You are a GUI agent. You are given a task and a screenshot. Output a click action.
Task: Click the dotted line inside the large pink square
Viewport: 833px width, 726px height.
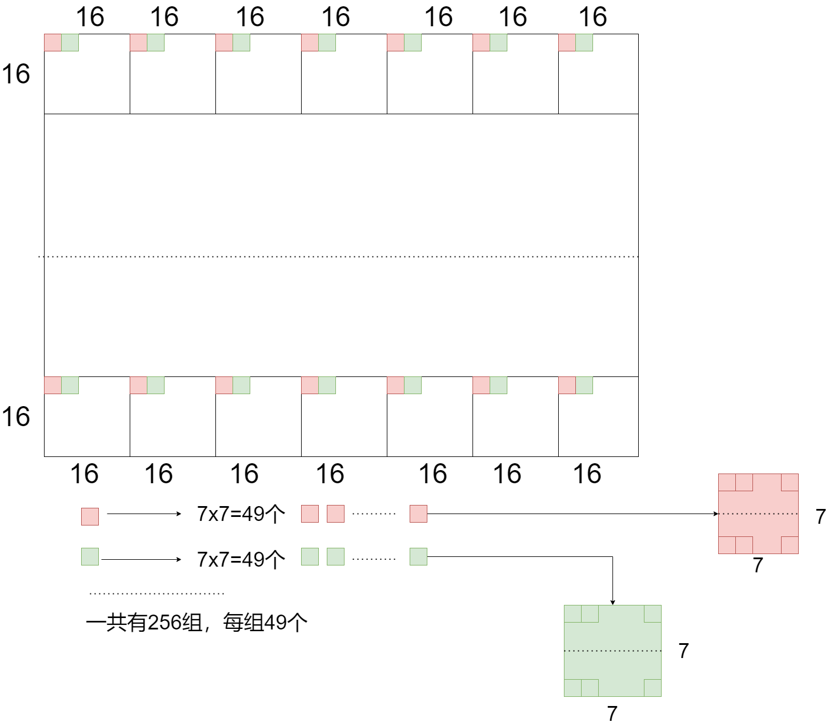758,514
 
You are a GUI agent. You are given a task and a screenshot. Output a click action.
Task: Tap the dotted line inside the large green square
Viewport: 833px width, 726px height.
612,651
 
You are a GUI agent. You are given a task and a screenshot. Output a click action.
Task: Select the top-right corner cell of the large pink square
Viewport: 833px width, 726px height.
790,482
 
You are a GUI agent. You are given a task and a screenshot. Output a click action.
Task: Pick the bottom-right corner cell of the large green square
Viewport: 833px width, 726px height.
652,688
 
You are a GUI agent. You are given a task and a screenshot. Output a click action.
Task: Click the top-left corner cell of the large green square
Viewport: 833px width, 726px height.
572,613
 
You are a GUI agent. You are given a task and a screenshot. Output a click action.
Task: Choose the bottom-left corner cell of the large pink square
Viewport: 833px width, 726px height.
727,545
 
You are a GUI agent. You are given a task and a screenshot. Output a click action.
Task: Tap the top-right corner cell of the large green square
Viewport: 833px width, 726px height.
652,613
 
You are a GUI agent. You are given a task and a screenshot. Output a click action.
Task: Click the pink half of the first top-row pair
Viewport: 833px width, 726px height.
53,42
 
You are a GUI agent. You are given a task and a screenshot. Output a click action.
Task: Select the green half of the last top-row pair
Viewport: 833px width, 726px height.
584,42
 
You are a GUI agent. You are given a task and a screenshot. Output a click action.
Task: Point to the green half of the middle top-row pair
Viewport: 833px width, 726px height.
327,42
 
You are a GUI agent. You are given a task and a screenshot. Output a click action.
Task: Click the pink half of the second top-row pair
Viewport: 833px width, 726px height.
138,42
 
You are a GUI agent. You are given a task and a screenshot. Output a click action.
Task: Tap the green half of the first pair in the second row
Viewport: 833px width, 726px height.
70,385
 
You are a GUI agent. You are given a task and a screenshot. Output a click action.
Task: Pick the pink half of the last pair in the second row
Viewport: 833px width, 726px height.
567,385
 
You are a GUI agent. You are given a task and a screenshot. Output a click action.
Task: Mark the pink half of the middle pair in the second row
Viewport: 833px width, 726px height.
310,385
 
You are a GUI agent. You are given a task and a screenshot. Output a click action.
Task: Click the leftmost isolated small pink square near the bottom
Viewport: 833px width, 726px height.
90,516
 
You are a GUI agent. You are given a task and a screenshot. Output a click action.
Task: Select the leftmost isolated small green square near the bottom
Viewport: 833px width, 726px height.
90,556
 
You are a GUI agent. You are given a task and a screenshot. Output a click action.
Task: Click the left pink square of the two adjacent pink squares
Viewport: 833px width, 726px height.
310,514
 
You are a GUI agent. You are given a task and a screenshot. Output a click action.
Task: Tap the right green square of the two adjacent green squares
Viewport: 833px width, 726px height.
335,556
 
